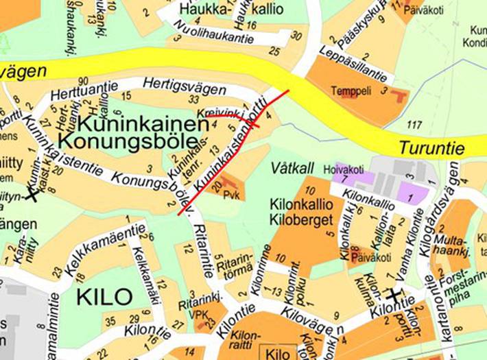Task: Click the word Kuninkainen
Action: (143, 124)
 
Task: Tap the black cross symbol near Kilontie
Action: (393, 294)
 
